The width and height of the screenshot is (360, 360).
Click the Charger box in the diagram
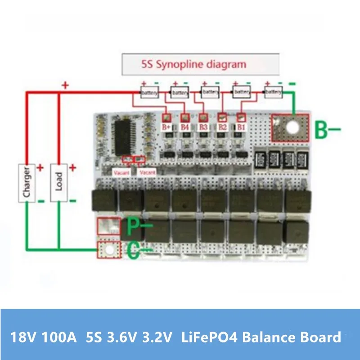tap(27, 182)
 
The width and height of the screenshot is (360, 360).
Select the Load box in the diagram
tap(58, 182)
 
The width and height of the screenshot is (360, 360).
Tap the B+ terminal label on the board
tap(166, 127)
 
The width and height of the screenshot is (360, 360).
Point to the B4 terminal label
tap(184, 127)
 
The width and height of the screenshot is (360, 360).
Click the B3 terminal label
tap(203, 127)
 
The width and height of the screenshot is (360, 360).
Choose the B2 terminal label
tap(222, 127)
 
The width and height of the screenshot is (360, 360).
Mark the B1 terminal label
tap(241, 127)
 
